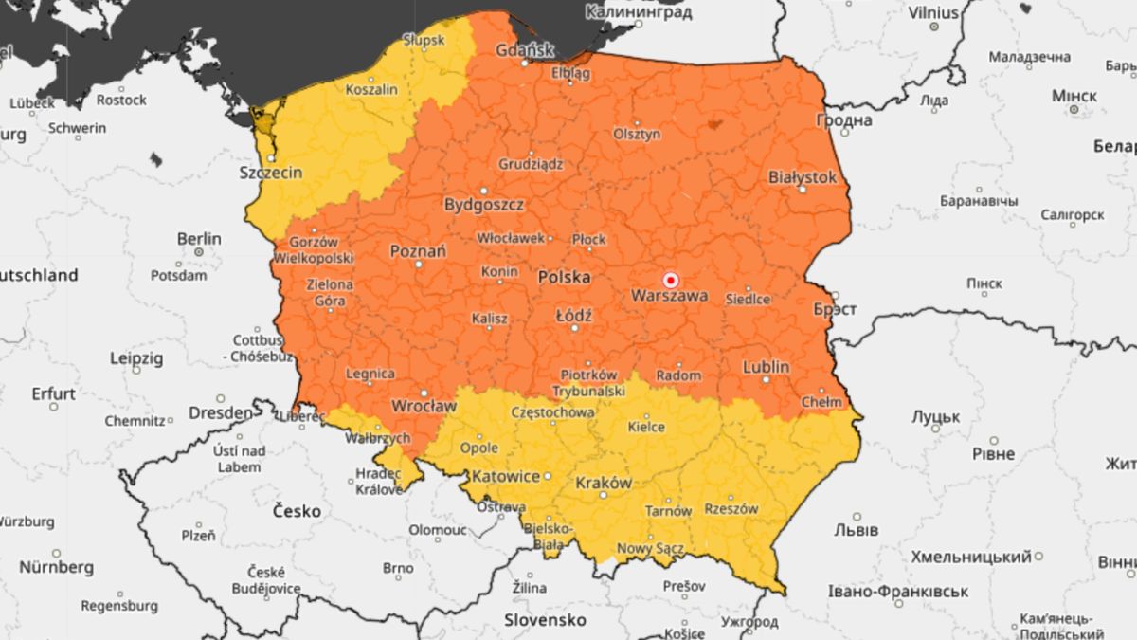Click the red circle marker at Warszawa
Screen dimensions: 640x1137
coord(671,280)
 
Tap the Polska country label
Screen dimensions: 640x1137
coord(564,278)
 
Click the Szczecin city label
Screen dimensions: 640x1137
coord(271,173)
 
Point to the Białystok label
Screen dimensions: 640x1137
coord(803,177)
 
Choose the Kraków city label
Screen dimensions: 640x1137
coord(604,483)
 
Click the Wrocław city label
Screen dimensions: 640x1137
coord(424,406)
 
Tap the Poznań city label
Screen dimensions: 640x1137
coord(418,251)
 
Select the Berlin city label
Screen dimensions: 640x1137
coord(199,239)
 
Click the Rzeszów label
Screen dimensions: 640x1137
coord(731,509)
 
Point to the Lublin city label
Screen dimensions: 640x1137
coord(767,366)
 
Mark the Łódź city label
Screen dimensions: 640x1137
coord(574,315)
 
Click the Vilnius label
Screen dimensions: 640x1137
coord(933,13)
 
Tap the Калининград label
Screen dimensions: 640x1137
coord(639,12)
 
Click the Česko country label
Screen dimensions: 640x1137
coord(297,511)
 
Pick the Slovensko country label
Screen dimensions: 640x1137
coord(544,620)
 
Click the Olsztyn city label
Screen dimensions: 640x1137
coord(637,135)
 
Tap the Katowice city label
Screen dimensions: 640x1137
coord(506,476)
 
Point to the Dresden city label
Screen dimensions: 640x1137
coord(221,413)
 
